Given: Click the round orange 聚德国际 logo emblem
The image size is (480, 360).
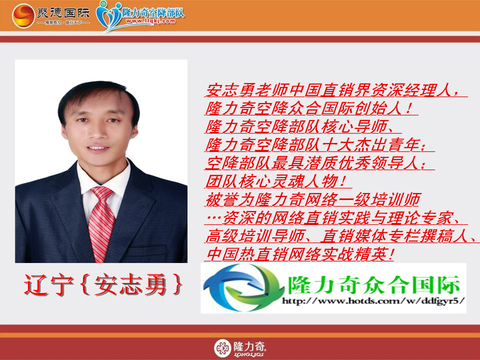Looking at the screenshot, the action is point(23,15).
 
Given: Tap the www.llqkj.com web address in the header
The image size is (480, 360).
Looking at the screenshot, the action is point(150,21).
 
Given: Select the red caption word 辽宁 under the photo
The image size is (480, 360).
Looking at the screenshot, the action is point(49,284).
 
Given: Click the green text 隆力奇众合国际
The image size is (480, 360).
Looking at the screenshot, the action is point(374,284).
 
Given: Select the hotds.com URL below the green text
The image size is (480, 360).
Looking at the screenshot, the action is point(373,301).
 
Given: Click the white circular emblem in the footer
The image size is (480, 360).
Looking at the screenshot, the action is point(222,348).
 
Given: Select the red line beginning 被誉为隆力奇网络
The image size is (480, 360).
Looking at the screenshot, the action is point(313,199).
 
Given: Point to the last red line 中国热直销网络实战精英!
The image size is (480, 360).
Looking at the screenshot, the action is point(299,254).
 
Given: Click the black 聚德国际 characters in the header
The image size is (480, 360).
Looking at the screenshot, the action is point(63,13).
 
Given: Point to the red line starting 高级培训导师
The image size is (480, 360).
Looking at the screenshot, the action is point(341,236).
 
